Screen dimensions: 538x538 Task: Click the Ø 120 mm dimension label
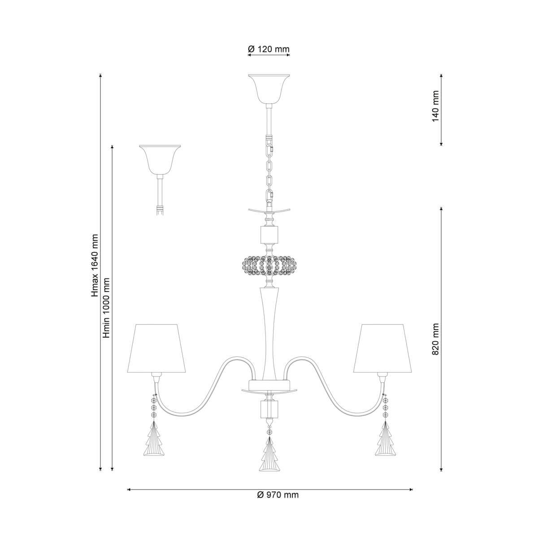269,49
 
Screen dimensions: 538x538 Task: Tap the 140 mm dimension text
435,106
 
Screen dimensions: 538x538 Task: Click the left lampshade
156,348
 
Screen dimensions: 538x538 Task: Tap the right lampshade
382,348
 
